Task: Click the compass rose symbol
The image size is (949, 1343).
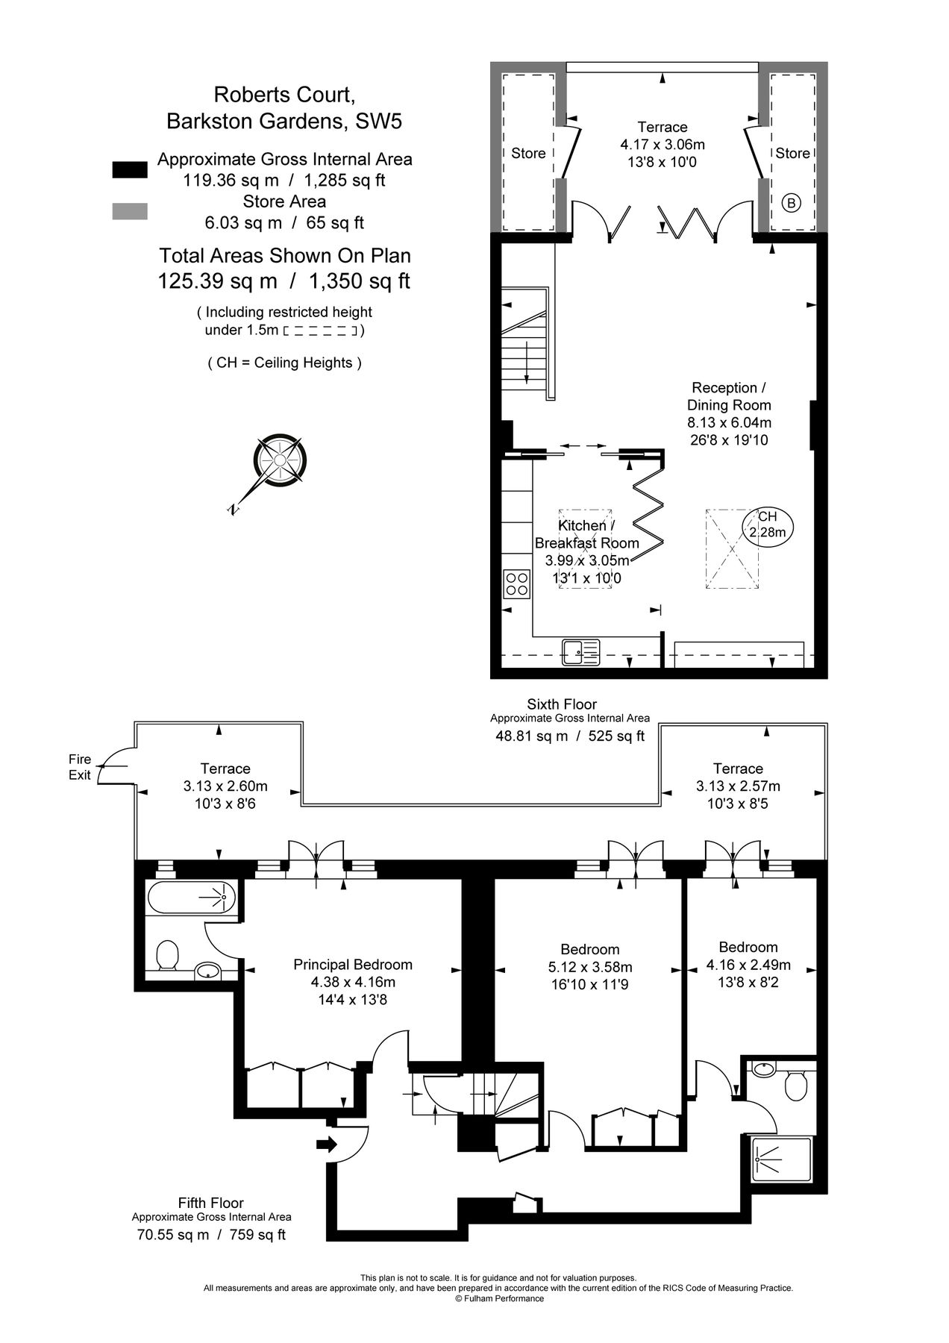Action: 280,461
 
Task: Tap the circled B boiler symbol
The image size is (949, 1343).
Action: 792,202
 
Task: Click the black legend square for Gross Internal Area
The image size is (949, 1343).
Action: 129,169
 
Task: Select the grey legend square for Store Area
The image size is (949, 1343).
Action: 129,212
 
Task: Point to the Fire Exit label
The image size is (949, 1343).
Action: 80,767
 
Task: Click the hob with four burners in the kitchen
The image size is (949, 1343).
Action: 516,583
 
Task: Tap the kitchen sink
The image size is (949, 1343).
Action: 580,651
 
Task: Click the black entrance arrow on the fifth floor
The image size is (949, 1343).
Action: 327,1144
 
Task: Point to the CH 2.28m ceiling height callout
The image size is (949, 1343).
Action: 768,525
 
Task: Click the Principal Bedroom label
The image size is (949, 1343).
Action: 353,964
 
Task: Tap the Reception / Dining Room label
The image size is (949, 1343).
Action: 729,396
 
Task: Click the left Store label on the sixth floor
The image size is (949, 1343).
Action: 528,153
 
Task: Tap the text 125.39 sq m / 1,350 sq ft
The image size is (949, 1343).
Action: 284,281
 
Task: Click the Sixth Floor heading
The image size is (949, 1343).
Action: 562,704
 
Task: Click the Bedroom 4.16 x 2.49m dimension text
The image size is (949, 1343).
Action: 748,965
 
